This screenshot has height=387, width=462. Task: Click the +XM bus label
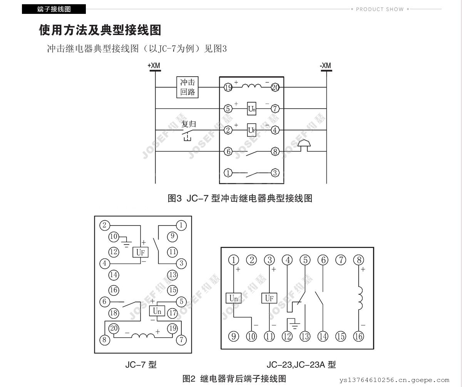coord(154,66)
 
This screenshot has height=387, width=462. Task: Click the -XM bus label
coord(325,66)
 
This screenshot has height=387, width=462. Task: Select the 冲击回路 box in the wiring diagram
coord(188,87)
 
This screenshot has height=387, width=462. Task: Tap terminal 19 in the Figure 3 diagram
coord(228,87)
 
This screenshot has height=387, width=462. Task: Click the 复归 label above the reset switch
coord(189,124)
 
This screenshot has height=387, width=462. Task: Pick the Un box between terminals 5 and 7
coord(252,109)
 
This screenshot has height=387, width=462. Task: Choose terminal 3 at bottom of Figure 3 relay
coord(275,173)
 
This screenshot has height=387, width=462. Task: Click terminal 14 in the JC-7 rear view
coord(114,275)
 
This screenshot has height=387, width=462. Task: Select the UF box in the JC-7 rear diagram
coord(141,252)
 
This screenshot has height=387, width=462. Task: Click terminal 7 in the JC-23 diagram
coord(341,260)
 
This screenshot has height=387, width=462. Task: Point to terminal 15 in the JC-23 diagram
coord(341,336)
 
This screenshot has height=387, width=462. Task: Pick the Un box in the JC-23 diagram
coord(233,298)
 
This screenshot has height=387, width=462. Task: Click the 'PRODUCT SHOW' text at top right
coord(380,9)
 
